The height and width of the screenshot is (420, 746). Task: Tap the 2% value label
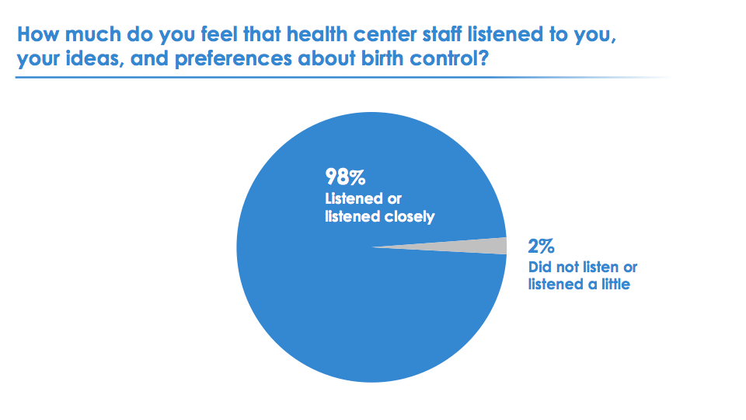point(541,247)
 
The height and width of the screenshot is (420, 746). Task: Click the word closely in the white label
point(410,217)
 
